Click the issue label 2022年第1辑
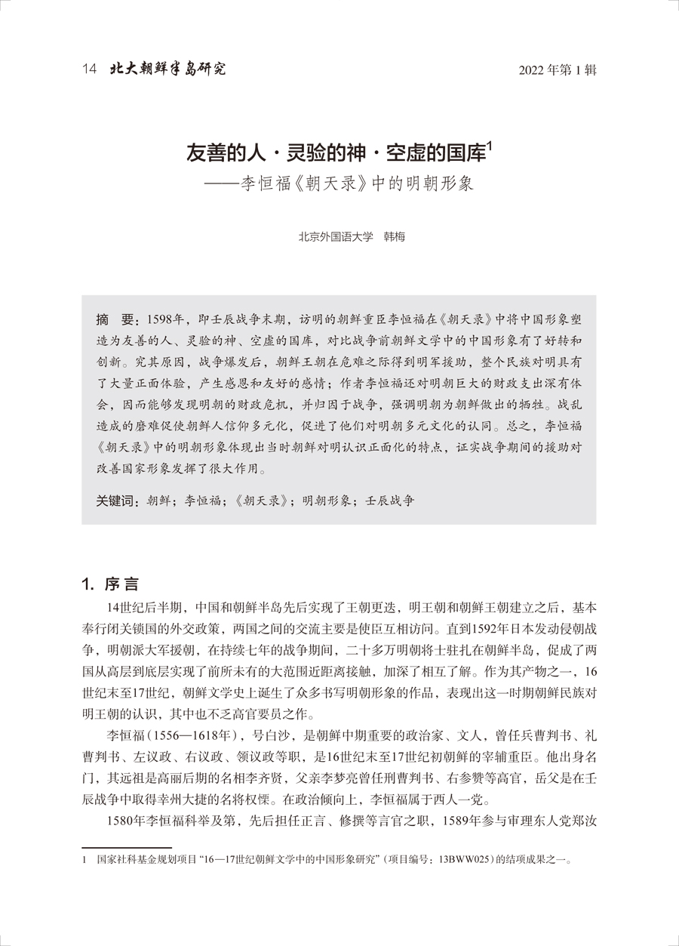coord(558,71)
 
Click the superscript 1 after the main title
coord(490,148)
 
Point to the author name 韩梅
coord(395,236)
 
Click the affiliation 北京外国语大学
coord(336,236)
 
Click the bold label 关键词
coord(117,500)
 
